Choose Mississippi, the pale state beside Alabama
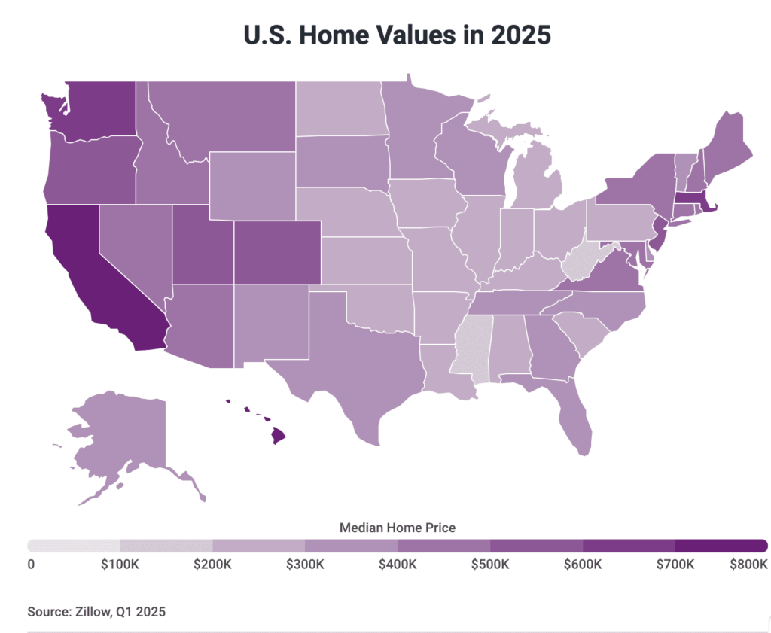tap(470, 346)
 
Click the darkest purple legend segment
tap(721, 546)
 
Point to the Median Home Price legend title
tap(397, 528)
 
